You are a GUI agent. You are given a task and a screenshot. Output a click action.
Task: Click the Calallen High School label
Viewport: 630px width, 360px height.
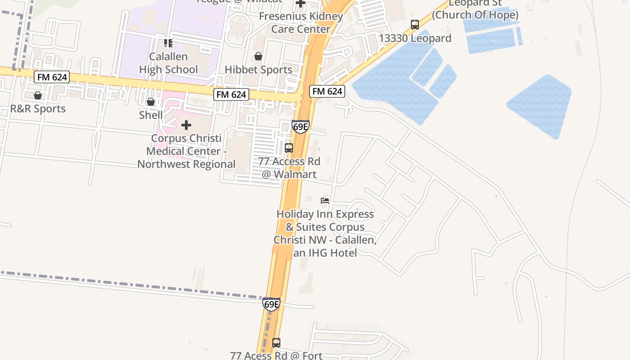[x=168, y=63]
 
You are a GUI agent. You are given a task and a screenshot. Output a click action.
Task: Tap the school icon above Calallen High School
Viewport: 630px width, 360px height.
[x=168, y=43]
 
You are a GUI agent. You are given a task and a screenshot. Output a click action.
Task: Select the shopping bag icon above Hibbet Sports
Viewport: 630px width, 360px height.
[x=258, y=56]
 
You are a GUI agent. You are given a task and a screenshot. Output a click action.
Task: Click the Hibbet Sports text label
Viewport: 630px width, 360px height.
[x=258, y=70]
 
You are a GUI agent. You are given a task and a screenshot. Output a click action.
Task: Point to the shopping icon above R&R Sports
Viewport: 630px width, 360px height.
[x=38, y=95]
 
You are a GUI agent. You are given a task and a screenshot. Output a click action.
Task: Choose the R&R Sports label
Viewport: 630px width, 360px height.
[x=38, y=108]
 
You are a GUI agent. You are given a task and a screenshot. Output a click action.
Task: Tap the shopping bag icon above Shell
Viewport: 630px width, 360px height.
[x=151, y=102]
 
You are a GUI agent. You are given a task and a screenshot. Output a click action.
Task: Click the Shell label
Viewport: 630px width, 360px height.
[x=151, y=115]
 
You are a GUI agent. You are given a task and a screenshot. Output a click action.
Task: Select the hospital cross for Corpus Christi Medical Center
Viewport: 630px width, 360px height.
[x=186, y=125]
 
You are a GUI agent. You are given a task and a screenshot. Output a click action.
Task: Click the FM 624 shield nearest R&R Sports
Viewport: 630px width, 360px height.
[x=52, y=77]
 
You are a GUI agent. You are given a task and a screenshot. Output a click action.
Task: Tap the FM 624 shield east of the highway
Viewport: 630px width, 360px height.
[x=327, y=91]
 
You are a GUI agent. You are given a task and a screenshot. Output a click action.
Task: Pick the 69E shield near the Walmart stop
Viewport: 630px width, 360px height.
[x=300, y=126]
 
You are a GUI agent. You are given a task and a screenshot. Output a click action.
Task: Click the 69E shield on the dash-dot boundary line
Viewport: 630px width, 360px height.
[x=271, y=304]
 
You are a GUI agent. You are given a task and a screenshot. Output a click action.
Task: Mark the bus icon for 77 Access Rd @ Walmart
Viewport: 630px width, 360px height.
[x=289, y=148]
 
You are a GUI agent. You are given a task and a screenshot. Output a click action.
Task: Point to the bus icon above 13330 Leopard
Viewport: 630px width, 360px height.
[x=415, y=25]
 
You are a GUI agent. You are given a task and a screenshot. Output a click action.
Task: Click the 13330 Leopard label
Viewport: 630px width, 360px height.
[x=415, y=38]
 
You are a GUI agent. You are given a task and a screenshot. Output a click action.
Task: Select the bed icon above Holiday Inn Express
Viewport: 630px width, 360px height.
[x=325, y=200]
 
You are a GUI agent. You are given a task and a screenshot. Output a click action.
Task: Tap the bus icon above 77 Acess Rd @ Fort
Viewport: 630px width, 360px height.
[x=276, y=342]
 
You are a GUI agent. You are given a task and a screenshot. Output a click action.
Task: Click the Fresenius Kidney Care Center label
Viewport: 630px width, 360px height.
[x=301, y=22]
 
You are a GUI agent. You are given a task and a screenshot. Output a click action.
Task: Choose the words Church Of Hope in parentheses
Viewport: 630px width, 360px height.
[x=475, y=15]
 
